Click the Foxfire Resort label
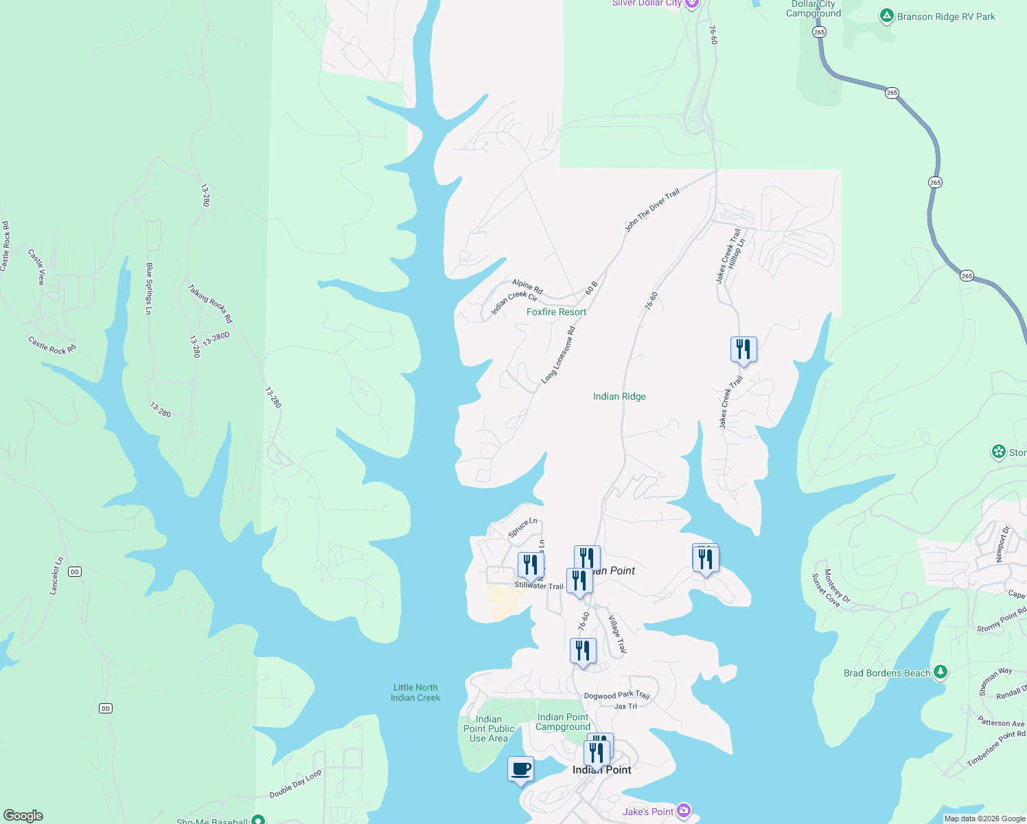tap(556, 312)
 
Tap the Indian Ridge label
tap(619, 396)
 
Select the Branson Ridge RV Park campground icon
tap(887, 16)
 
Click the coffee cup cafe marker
tap(521, 769)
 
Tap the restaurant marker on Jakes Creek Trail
tap(743, 350)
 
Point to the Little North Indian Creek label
tap(415, 692)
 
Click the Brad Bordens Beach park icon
tap(941, 672)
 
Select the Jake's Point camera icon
tap(683, 811)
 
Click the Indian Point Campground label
tap(563, 722)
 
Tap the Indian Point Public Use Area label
tap(489, 729)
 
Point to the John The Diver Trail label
tap(651, 210)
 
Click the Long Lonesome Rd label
tap(558, 355)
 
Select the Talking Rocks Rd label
tap(210, 304)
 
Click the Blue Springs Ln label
tap(149, 288)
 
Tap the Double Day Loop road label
tap(295, 784)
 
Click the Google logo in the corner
tap(23, 815)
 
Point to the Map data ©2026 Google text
tap(984, 819)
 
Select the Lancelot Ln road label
tap(56, 575)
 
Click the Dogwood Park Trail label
tap(616, 695)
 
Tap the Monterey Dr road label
tap(837, 586)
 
